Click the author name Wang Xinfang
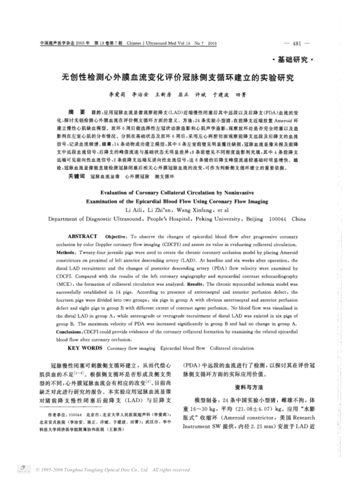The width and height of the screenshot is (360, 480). tap(190, 210)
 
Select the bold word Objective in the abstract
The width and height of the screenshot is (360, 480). tap(116, 236)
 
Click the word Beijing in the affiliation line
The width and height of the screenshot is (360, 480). tap(254, 219)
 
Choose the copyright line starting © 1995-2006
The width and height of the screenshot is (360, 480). tap(113, 470)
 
